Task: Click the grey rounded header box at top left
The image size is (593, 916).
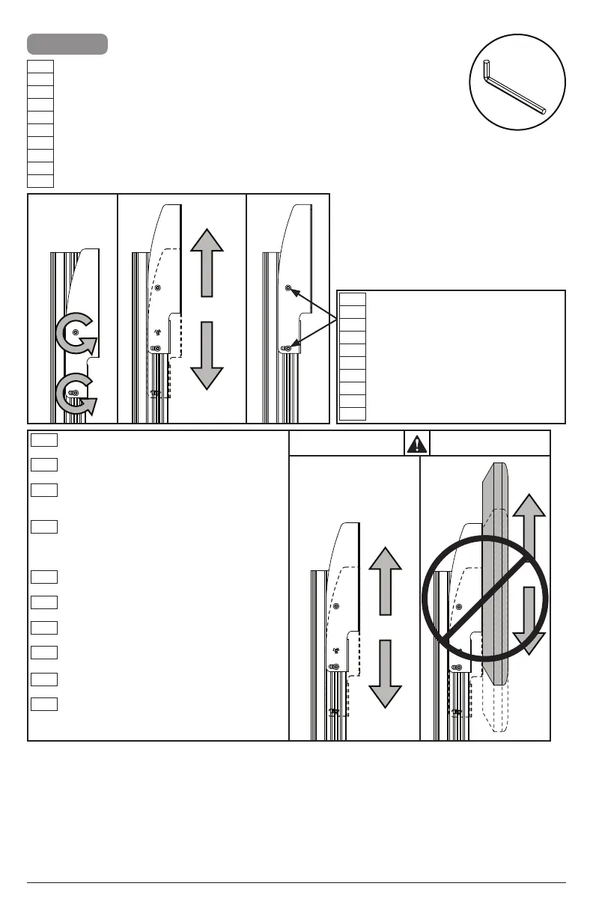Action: coord(67,44)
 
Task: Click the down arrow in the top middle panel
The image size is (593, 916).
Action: coord(207,355)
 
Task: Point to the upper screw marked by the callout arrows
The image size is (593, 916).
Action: coord(289,287)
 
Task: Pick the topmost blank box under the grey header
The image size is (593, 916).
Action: coord(40,67)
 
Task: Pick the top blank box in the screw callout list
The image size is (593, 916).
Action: coord(353,299)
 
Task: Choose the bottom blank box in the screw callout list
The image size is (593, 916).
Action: coord(353,414)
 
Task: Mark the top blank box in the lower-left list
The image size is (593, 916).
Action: coord(45,440)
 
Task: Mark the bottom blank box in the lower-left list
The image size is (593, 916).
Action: coord(45,703)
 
